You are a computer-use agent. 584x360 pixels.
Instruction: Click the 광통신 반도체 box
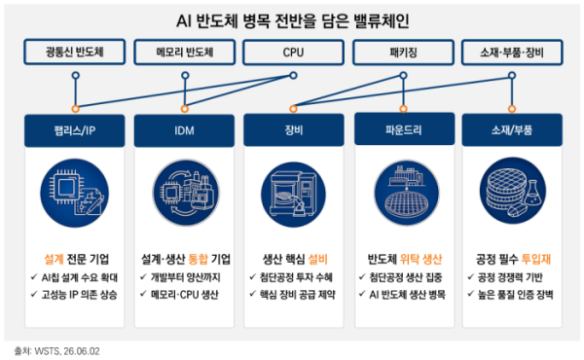click(75, 52)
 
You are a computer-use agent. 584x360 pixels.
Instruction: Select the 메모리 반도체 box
click(184, 52)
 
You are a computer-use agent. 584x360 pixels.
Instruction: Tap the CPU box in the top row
click(293, 53)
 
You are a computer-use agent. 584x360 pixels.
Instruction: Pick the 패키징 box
click(403, 53)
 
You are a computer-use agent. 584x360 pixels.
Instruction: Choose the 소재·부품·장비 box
click(512, 53)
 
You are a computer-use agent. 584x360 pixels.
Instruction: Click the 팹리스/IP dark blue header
click(75, 130)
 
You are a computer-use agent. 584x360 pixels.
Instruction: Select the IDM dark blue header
click(184, 130)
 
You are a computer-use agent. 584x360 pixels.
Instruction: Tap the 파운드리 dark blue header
click(405, 128)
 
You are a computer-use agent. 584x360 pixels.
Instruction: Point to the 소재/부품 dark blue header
click(512, 129)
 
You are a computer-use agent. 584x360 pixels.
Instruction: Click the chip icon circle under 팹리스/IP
click(75, 193)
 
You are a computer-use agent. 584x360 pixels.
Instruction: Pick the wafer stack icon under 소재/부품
click(513, 191)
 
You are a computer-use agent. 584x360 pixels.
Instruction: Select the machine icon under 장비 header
click(293, 195)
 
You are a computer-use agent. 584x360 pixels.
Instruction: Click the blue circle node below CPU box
click(294, 76)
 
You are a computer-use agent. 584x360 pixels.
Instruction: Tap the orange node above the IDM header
click(185, 109)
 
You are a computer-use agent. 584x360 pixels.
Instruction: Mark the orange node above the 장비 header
click(294, 109)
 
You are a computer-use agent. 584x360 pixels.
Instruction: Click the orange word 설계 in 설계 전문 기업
click(54, 259)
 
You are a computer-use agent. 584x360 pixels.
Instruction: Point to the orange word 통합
click(199, 259)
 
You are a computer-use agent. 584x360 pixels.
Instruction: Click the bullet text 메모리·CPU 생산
click(185, 295)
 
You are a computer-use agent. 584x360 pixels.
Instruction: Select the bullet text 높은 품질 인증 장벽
click(516, 295)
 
